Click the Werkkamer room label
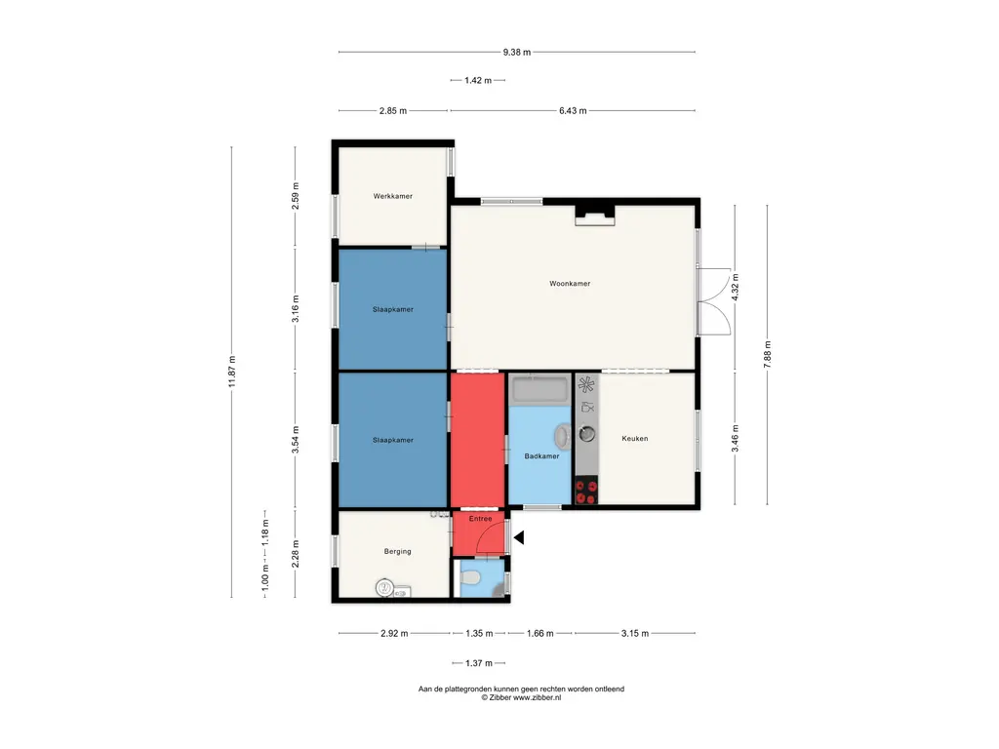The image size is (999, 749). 392,196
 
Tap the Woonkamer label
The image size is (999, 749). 570,284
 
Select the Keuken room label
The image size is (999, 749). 634,438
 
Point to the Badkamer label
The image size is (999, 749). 541,456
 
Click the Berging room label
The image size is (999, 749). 398,552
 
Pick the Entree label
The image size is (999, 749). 480,519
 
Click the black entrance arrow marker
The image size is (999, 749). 519,537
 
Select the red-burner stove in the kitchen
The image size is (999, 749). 586,492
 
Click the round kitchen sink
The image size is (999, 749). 586,434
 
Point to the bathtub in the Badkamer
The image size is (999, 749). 539,390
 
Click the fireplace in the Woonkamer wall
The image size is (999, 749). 595,216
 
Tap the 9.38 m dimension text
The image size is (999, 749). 517,53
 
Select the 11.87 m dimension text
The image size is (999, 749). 232,372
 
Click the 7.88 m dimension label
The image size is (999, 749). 767,354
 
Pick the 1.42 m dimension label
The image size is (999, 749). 478,80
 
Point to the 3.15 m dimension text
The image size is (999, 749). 634,633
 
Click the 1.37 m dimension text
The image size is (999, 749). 478,663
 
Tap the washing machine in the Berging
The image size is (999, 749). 384,588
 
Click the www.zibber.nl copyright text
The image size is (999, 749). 521,697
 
